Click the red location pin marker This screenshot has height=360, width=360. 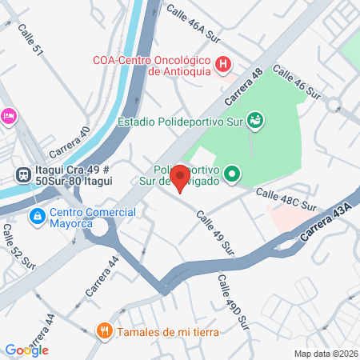[180, 178]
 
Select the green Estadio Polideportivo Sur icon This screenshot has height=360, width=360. [255, 122]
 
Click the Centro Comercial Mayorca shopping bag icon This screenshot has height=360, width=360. [37, 216]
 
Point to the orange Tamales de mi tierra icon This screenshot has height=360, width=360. [103, 331]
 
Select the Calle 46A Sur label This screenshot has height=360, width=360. [193, 21]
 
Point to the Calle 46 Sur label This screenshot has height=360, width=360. [297, 83]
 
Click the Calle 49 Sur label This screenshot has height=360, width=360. [216, 233]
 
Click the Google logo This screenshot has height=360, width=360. [26, 350]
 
